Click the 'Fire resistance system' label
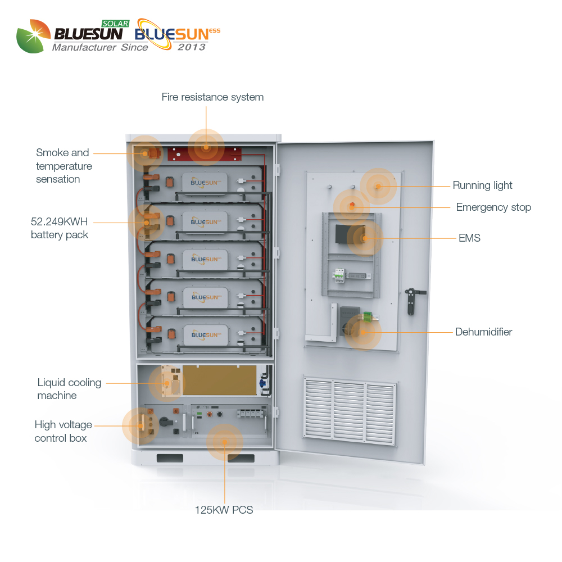pos(212,97)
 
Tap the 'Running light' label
pos(482,185)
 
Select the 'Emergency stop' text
pos(493,207)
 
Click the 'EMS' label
pos(469,238)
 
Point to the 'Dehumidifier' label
pos(483,332)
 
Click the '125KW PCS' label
pos(224,510)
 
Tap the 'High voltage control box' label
pos(63,432)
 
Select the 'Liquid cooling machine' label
pos(69,389)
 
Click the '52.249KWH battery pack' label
pos(60,228)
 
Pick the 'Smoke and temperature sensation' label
pos(64,166)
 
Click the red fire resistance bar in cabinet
pos(205,154)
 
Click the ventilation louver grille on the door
pos(350,411)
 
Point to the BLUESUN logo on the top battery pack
pos(205,183)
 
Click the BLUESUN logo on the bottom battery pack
pos(206,335)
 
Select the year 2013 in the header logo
pos(192,47)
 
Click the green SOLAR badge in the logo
pos(115,24)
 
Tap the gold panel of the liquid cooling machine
pos(220,380)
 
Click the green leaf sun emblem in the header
pos(33,36)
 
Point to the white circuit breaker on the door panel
pos(339,275)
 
